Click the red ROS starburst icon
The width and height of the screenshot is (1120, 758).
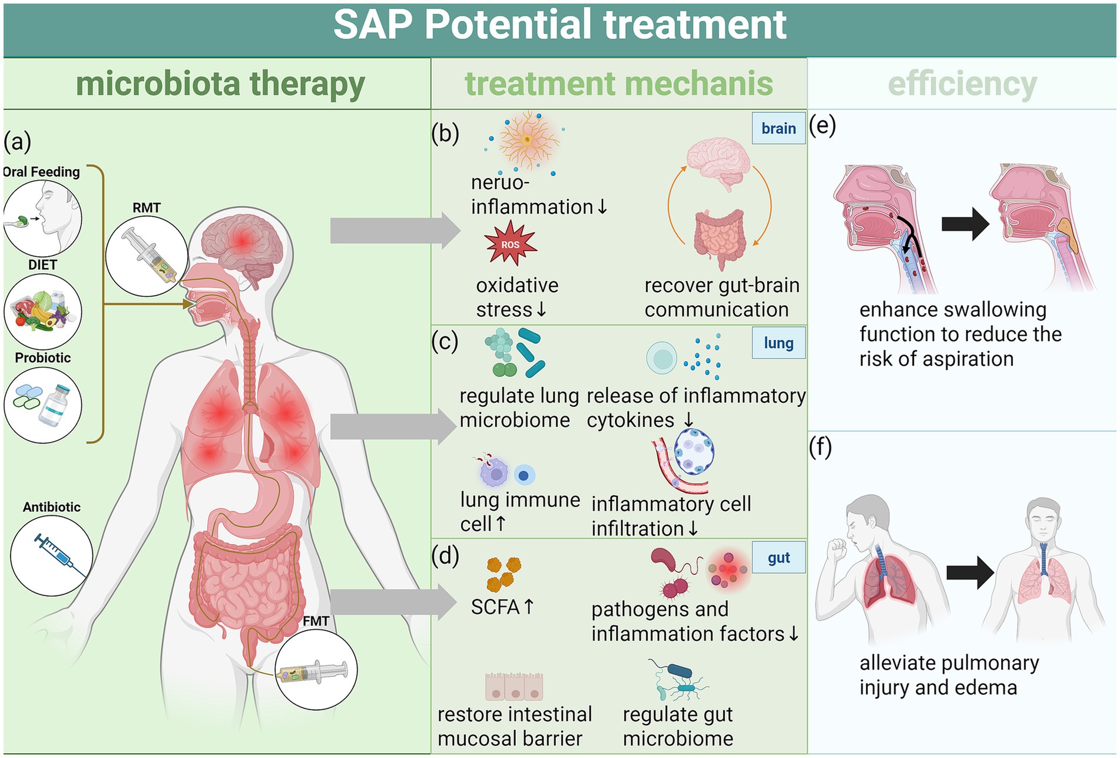pyautogui.click(x=510, y=244)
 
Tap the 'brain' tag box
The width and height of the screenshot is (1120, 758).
pyautogui.click(x=778, y=128)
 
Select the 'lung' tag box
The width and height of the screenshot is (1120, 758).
pyautogui.click(x=778, y=343)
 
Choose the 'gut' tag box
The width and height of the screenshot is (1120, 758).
pyautogui.click(x=778, y=557)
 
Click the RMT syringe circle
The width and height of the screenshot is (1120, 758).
pyautogui.click(x=147, y=255)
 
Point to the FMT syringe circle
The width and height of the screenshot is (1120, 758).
pyautogui.click(x=316, y=670)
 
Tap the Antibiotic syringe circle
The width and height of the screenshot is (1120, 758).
pyautogui.click(x=52, y=555)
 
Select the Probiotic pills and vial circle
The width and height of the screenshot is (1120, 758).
pyautogui.click(x=43, y=405)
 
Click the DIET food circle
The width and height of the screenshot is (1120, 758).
pyautogui.click(x=43, y=311)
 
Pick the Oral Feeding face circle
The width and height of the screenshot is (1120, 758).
pyautogui.click(x=42, y=218)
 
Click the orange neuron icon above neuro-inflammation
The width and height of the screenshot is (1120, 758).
pyautogui.click(x=528, y=140)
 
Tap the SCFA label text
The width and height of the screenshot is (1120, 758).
pyautogui.click(x=495, y=607)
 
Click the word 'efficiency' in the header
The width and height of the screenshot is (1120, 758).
pyautogui.click(x=962, y=84)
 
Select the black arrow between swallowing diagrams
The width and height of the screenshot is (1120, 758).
pyautogui.click(x=965, y=224)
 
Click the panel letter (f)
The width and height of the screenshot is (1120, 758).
pyautogui.click(x=820, y=448)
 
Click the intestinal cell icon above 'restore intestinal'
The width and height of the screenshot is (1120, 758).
pyautogui.click(x=513, y=687)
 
